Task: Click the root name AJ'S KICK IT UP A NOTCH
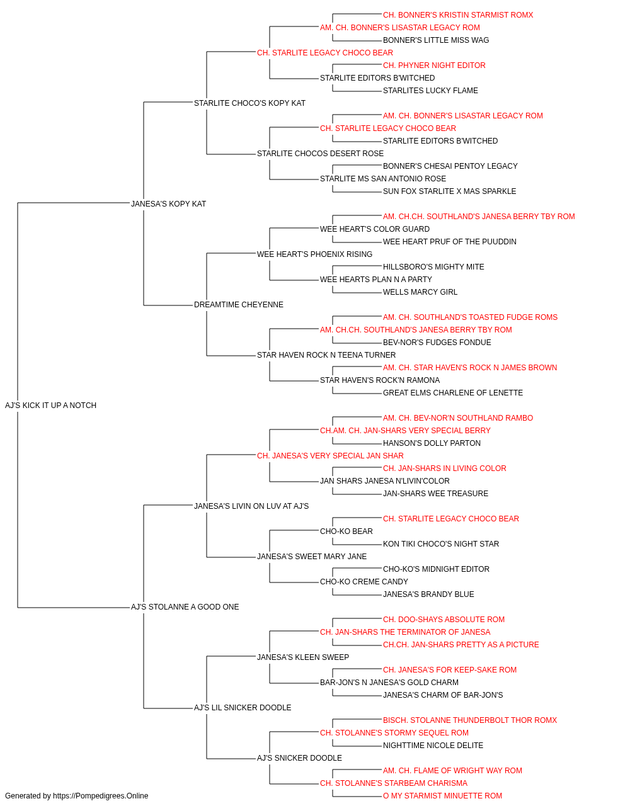coord(50,405)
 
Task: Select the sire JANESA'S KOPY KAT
coord(168,203)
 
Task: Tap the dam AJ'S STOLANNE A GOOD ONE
coord(185,607)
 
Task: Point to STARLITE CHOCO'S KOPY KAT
coord(249,103)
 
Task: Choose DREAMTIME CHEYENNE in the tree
coord(239,305)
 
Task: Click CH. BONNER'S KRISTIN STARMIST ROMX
coord(458,15)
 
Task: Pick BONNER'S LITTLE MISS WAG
coord(436,40)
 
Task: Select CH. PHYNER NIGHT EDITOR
coord(434,65)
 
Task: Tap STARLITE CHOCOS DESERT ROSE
coord(320,154)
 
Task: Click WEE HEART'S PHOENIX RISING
coord(314,254)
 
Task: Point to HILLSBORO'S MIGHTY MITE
coord(433,267)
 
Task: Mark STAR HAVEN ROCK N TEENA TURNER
coord(326,355)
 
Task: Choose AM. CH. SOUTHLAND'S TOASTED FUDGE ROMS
coord(470,317)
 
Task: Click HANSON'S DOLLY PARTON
coord(432,443)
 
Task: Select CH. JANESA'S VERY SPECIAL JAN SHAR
coord(330,455)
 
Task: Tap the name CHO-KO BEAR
coord(346,531)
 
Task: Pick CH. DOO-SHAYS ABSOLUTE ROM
coord(444,620)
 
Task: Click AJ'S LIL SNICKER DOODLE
coord(243,708)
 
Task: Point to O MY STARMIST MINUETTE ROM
coord(442,796)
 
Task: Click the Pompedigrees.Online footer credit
coord(76,796)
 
